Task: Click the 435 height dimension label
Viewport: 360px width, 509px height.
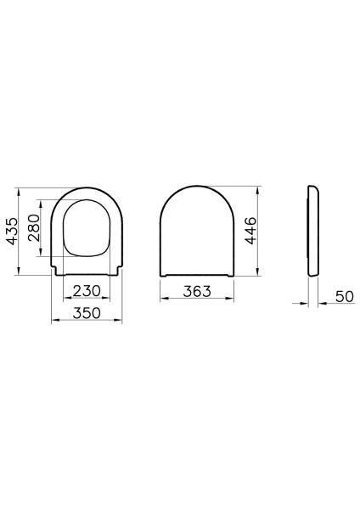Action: [x=12, y=230]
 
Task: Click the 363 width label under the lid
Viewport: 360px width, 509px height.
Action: [x=197, y=292]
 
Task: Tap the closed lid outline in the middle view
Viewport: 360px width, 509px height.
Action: [x=197, y=229]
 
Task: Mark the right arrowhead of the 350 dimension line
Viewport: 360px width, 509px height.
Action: [x=120, y=321]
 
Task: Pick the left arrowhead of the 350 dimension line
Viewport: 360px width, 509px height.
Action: [x=54, y=321]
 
